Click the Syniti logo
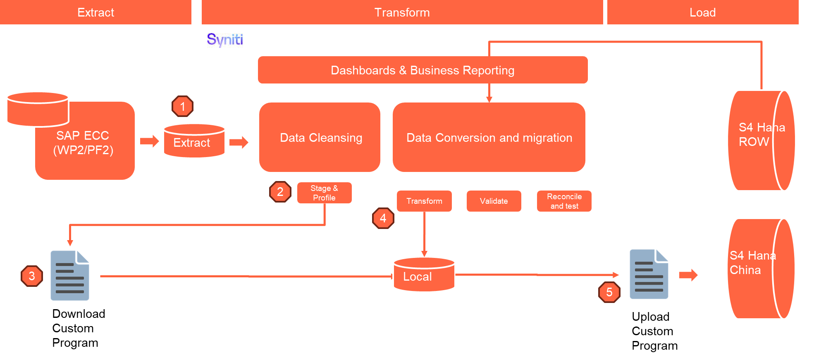(x=225, y=40)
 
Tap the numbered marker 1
(x=182, y=106)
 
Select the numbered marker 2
(x=280, y=192)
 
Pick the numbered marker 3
(x=32, y=276)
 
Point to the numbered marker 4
(x=383, y=218)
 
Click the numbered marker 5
(x=609, y=292)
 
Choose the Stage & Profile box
(x=324, y=193)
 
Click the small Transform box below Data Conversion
(x=424, y=201)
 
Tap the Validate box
(x=494, y=201)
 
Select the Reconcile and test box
(x=564, y=201)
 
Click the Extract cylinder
(x=194, y=141)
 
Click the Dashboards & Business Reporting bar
(x=423, y=70)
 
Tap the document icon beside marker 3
(x=70, y=276)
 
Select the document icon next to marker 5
(x=649, y=274)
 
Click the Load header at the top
(x=702, y=12)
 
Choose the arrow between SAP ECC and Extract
(x=149, y=141)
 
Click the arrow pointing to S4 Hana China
(x=688, y=275)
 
